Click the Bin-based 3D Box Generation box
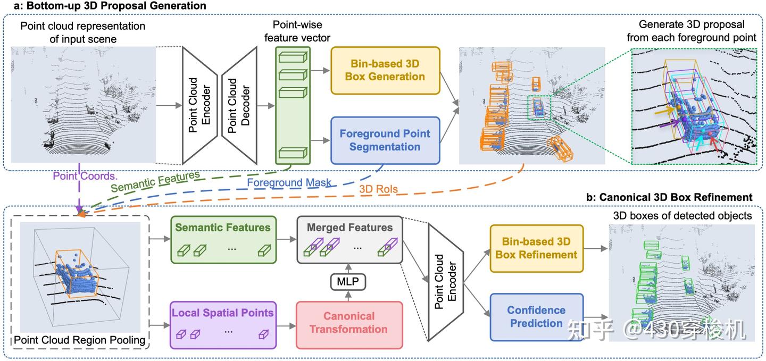click(x=385, y=70)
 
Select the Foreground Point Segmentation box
click(x=385, y=140)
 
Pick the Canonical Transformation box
click(x=348, y=323)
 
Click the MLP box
click(x=348, y=282)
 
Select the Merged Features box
click(x=349, y=239)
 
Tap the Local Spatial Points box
click(x=223, y=324)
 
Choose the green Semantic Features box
click(x=223, y=239)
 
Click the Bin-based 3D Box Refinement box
click(x=536, y=248)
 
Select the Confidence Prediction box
click(x=536, y=317)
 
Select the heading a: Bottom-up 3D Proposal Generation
click(x=103, y=6)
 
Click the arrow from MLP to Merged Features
click(x=348, y=267)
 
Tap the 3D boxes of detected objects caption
click(x=682, y=215)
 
